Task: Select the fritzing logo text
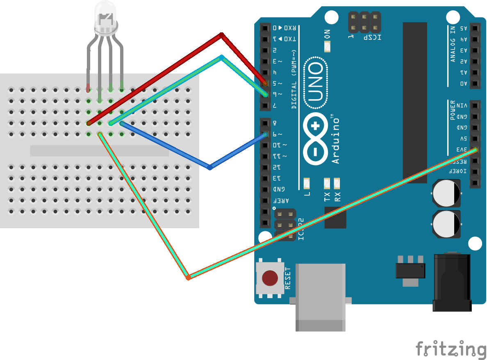point(451,349)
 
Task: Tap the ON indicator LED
point(327,47)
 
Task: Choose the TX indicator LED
point(327,182)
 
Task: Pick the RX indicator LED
point(337,182)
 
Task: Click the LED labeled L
point(307,182)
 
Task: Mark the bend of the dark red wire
point(221,35)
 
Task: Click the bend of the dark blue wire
point(210,167)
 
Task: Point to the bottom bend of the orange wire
point(188,277)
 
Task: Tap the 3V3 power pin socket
point(475,150)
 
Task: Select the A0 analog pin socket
point(475,84)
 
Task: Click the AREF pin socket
point(265,201)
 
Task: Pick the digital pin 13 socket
point(265,178)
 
